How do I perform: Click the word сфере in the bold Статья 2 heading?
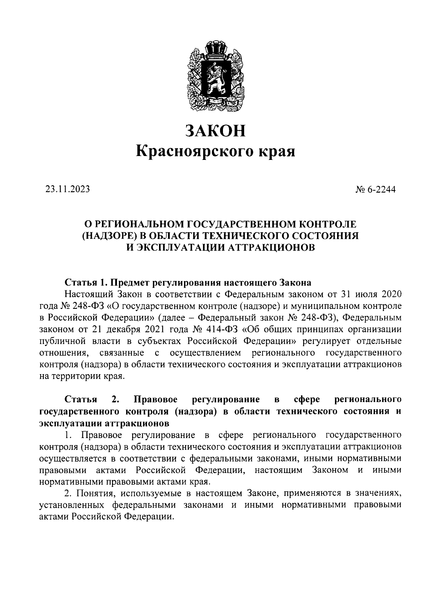click(307, 399)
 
